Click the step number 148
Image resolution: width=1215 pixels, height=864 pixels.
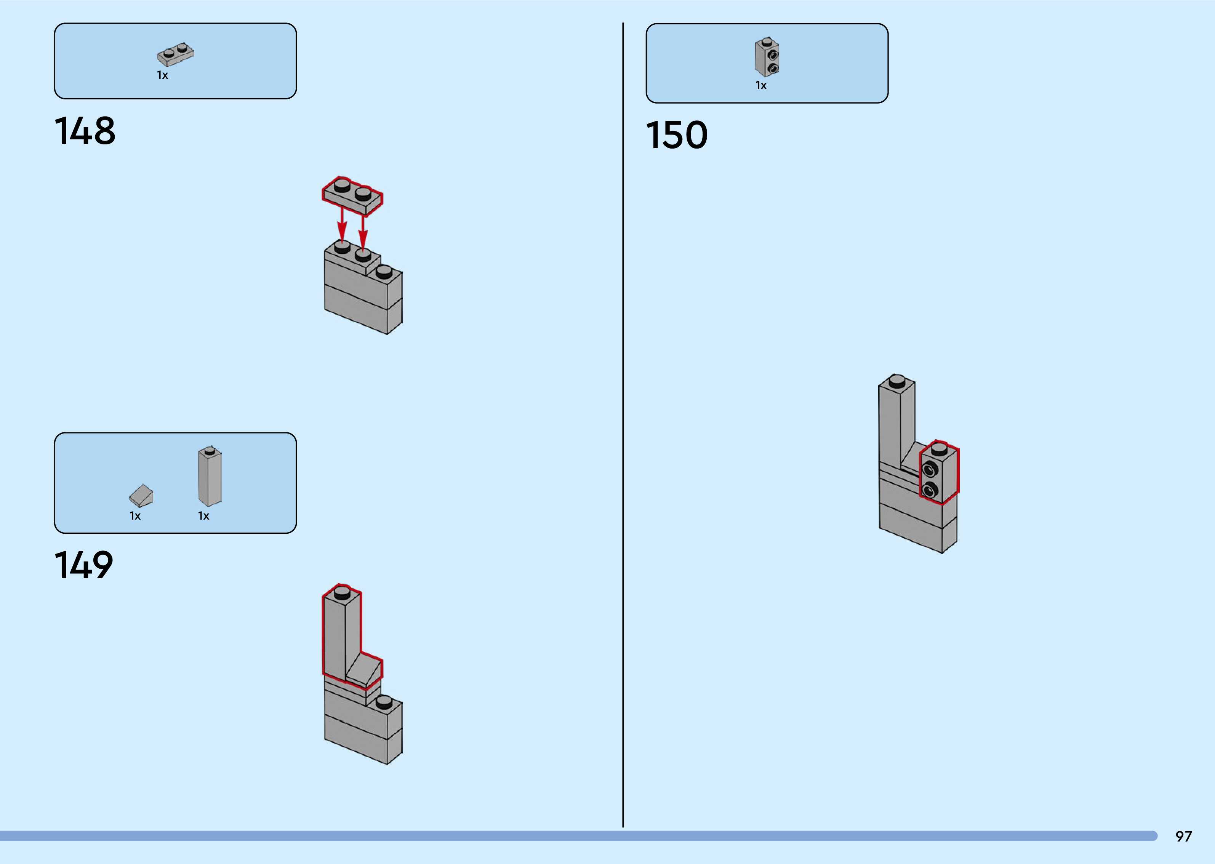pyautogui.click(x=85, y=131)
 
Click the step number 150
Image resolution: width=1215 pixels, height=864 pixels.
pyautogui.click(x=677, y=135)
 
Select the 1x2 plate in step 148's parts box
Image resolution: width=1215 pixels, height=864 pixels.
pyautogui.click(x=176, y=54)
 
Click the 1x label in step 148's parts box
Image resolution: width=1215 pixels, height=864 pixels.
pyautogui.click(x=162, y=75)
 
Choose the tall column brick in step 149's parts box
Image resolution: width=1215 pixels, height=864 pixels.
pyautogui.click(x=210, y=476)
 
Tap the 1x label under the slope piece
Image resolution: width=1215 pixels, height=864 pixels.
pyautogui.click(x=135, y=516)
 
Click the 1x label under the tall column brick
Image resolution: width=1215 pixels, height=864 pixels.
pyautogui.click(x=204, y=516)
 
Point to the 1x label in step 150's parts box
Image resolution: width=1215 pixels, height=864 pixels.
pyautogui.click(x=761, y=86)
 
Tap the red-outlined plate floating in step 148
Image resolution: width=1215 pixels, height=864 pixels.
pyautogui.click(x=352, y=196)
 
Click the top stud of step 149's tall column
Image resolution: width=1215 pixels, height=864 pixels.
pyautogui.click(x=342, y=591)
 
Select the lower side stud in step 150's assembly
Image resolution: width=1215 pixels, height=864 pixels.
pyautogui.click(x=929, y=490)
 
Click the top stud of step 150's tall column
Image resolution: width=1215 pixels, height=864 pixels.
pyautogui.click(x=897, y=381)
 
